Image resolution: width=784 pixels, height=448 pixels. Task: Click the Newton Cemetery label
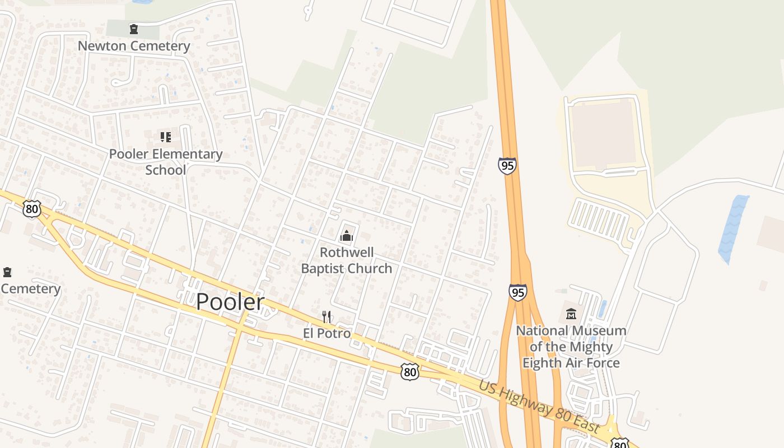(x=134, y=46)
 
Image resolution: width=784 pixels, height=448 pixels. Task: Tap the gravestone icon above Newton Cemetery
(x=134, y=29)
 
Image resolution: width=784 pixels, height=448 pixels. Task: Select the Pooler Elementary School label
(x=166, y=162)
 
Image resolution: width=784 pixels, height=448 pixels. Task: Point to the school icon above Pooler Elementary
(x=165, y=137)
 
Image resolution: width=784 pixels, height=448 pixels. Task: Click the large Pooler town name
(x=230, y=302)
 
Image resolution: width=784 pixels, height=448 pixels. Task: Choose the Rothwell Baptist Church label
(x=347, y=260)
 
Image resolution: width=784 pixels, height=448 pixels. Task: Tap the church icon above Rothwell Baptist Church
(x=347, y=236)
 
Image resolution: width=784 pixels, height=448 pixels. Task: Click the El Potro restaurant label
(x=327, y=333)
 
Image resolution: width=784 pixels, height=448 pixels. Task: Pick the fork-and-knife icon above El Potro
(x=327, y=317)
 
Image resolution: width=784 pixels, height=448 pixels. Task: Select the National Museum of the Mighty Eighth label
(x=571, y=347)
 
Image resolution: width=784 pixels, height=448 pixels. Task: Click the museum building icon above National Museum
(x=571, y=314)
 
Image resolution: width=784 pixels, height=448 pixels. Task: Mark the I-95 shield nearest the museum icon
(x=518, y=292)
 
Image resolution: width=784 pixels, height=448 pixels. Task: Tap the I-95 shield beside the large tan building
(x=507, y=166)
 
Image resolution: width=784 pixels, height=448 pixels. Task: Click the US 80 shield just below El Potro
(x=410, y=371)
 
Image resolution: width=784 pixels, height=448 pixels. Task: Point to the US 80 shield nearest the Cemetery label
(x=32, y=209)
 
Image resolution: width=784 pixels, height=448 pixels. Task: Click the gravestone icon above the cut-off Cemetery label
(x=7, y=273)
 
